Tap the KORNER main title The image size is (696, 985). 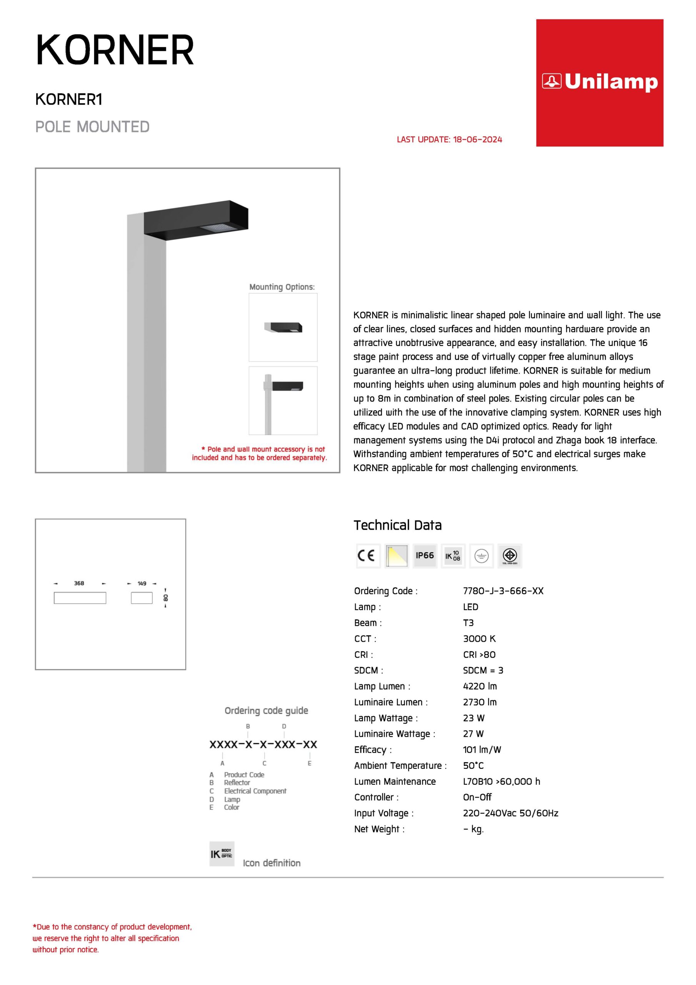115,51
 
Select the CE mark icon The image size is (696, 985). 368,556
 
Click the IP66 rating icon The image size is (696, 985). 425,556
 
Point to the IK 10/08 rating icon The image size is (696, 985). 453,556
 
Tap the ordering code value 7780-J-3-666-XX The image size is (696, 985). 503,591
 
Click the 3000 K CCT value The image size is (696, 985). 479,638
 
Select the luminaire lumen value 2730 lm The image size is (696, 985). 480,702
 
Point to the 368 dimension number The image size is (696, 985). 79,583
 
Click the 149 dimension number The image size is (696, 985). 142,583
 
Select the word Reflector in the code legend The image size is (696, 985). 237,783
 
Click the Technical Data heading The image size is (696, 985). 397,525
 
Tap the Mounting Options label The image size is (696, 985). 282,287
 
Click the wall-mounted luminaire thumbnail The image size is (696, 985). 283,327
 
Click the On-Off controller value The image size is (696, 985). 477,797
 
